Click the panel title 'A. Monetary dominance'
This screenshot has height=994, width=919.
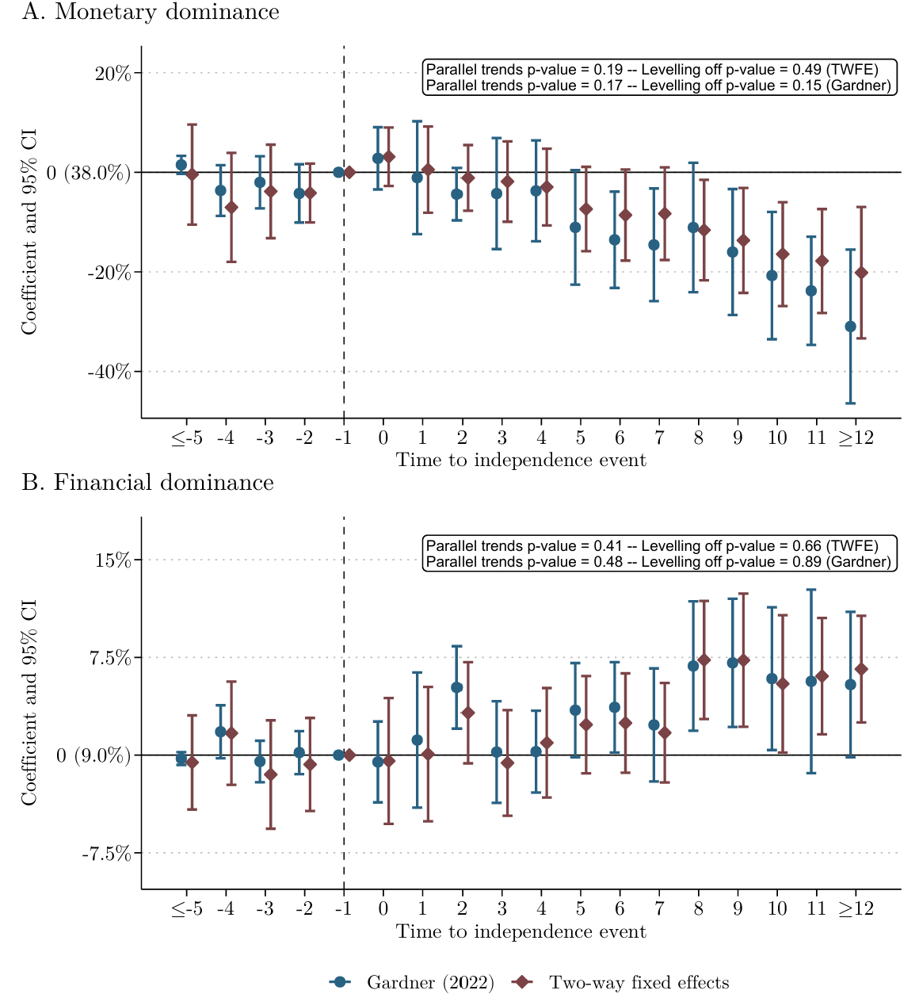pos(151,13)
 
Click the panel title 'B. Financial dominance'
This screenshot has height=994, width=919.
pos(148,483)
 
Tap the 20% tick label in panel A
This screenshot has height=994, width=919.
pos(112,74)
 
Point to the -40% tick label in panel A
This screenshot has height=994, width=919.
pos(109,372)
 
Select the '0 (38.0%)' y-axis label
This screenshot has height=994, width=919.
pos(89,173)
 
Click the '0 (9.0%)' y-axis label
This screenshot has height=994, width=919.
pos(93,756)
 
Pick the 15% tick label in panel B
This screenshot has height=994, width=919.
pos(112,560)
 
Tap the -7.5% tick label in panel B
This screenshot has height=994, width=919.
pos(105,854)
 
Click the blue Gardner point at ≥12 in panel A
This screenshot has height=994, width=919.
pos(850,327)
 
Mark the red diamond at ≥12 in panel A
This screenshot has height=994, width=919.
pos(861,273)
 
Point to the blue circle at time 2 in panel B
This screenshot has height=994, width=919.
pos(457,687)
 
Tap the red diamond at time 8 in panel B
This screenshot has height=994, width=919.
pos(704,660)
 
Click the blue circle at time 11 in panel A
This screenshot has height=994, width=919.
pos(811,291)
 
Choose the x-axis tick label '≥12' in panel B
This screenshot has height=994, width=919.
pos(856,908)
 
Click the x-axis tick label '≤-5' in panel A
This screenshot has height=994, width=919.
pos(187,438)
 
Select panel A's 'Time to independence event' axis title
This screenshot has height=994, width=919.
pos(521,461)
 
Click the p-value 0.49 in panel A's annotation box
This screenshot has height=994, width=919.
pos(806,70)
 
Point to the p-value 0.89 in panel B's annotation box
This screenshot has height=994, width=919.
pos(806,562)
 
